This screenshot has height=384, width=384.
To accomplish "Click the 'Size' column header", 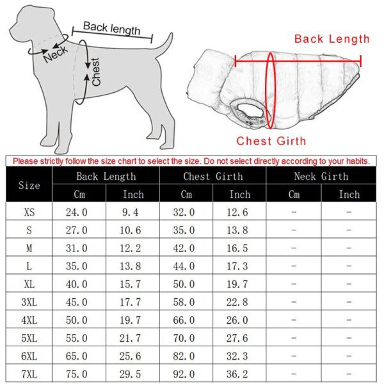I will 29,186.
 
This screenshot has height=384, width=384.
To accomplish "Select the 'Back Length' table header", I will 106,176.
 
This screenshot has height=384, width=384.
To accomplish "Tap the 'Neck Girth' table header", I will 321,176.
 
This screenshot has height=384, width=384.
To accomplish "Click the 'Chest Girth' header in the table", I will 213,176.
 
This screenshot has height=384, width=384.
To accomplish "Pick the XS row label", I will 29,212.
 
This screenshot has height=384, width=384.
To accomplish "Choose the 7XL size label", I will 29,373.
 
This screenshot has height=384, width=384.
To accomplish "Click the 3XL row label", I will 29,301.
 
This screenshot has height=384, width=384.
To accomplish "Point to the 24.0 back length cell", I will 79,212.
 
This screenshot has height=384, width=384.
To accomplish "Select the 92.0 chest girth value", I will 186,373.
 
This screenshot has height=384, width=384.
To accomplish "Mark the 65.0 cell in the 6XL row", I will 79,355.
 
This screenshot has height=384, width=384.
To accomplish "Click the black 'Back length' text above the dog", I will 111,28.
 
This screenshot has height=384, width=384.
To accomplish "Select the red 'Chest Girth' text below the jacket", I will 271,141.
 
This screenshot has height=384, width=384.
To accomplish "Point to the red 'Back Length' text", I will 332,39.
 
